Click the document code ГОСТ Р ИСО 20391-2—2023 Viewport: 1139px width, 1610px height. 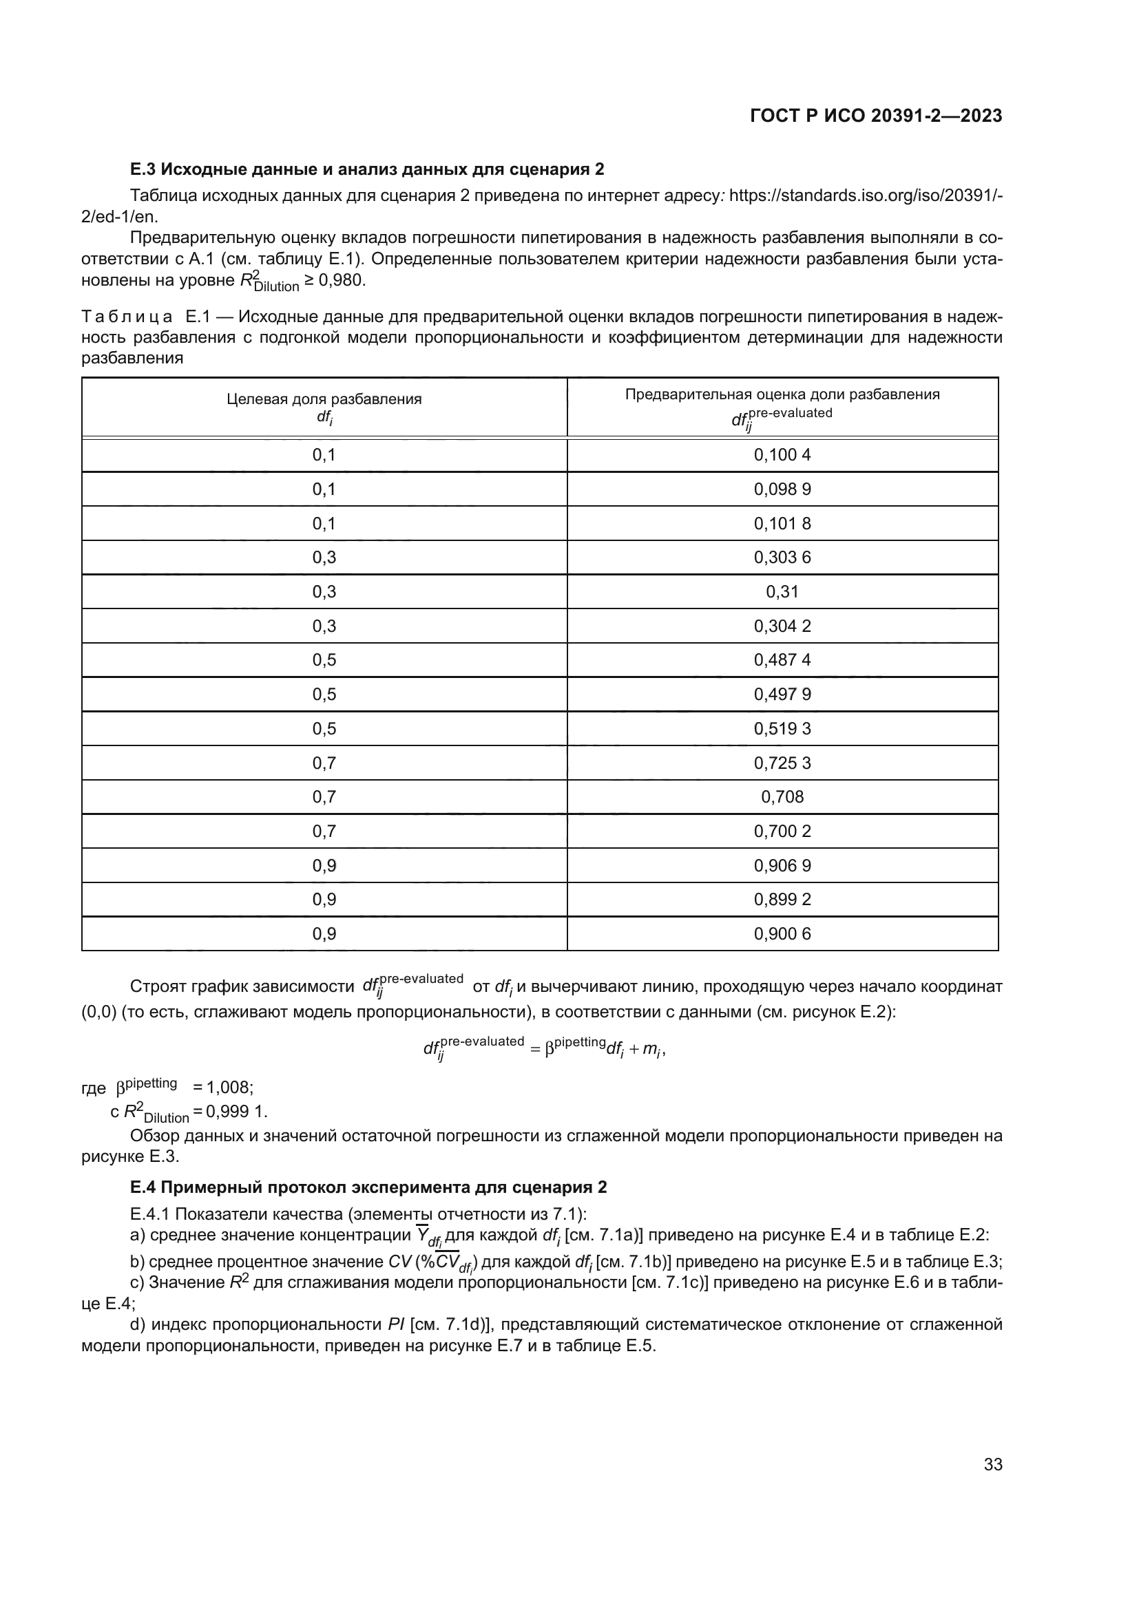(876, 116)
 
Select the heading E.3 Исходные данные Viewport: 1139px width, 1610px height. (367, 169)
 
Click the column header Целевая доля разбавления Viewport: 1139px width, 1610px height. (324, 399)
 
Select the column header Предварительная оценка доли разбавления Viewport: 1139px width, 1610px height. (782, 394)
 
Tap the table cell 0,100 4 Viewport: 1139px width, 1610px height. (782, 455)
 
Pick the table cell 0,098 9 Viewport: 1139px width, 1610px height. (782, 489)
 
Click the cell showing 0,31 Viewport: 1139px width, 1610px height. (782, 592)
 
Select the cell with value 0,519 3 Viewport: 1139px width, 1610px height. (782, 728)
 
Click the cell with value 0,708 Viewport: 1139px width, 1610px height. (782, 796)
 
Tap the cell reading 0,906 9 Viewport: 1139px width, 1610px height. (782, 865)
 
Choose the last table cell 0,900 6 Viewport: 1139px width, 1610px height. (782, 934)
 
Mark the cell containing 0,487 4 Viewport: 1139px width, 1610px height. (782, 660)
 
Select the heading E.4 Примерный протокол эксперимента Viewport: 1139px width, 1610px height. (368, 1187)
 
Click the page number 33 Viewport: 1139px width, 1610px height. (992, 1464)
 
